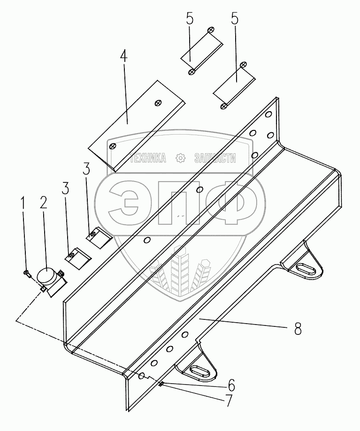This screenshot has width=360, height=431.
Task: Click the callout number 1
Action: pyautogui.click(x=23, y=204)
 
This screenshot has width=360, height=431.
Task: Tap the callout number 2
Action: pyautogui.click(x=43, y=203)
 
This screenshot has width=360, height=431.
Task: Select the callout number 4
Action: pyautogui.click(x=124, y=57)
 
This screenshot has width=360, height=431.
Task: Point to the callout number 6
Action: pyautogui.click(x=231, y=385)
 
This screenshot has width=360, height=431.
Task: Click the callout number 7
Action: pyautogui.click(x=228, y=401)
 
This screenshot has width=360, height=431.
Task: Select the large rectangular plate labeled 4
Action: pyautogui.click(x=137, y=126)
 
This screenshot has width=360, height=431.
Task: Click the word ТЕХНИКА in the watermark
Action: pyautogui.click(x=148, y=159)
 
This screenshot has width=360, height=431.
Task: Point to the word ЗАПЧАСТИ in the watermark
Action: pyautogui.click(x=215, y=159)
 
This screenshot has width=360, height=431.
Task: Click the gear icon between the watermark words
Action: pyautogui.click(x=180, y=158)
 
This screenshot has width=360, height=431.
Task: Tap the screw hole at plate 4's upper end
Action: pyautogui.click(x=158, y=103)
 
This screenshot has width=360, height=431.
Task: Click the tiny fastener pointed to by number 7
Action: pyautogui.click(x=161, y=384)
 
